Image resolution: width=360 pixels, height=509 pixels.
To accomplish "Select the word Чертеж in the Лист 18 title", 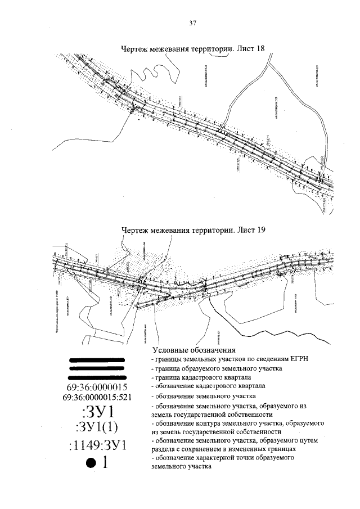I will pyautogui.click(x=137, y=49).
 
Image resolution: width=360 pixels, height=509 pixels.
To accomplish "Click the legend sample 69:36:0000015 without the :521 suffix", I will pyautogui.click(x=97, y=388).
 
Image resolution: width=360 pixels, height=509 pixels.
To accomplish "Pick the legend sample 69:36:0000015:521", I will pyautogui.click(x=97, y=397).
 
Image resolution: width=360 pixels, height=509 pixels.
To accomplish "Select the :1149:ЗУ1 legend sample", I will pyautogui.click(x=97, y=447).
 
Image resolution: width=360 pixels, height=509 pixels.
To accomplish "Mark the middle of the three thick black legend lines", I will pyautogui.click(x=96, y=368).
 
